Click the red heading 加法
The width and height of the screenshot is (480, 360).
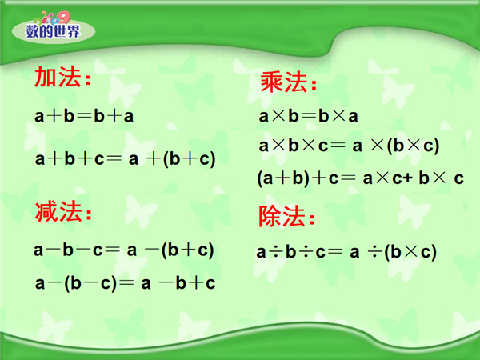point(62,77)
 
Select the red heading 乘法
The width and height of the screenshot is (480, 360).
point(288,82)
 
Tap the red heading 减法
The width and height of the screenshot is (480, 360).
point(63,211)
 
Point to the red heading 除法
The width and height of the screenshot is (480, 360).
point(287,216)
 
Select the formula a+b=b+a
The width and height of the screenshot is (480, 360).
point(84,116)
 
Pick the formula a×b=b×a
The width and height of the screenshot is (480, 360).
point(308,116)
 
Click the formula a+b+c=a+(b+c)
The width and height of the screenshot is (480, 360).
point(126,159)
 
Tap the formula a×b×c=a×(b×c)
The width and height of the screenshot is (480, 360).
point(349,146)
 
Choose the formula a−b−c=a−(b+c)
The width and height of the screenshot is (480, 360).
point(124,250)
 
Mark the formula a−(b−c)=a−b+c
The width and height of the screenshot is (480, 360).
point(126,283)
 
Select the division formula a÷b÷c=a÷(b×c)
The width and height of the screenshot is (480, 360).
point(346,252)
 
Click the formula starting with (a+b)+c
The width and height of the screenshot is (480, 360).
point(361,178)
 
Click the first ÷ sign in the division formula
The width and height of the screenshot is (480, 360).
point(276,252)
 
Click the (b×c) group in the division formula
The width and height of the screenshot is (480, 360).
point(411,253)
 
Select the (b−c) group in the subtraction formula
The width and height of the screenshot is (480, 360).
point(90,283)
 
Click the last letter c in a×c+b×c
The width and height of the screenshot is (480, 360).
point(459,178)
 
